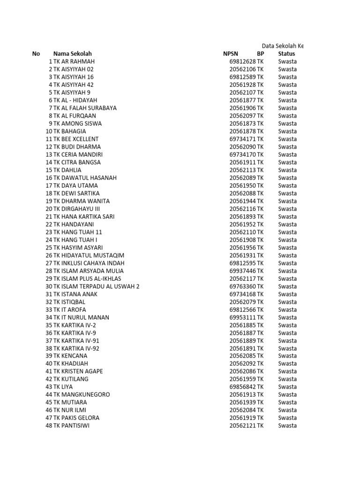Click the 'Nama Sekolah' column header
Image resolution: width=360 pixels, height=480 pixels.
pos(72,54)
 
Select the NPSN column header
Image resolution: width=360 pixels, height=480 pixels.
pos(231,54)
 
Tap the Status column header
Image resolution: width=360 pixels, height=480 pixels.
pos(286,54)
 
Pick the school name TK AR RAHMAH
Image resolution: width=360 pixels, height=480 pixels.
pos(74,61)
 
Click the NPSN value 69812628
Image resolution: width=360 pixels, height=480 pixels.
pos(242,61)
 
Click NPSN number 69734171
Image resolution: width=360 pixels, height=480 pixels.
pos(242,139)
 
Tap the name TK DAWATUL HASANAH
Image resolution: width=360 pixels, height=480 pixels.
pos(85,178)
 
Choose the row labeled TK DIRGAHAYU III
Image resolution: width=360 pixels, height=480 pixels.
pos(77,209)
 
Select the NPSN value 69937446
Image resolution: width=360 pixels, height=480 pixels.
pos(242,271)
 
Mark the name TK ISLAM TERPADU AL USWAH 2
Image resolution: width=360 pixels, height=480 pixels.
pos(96,286)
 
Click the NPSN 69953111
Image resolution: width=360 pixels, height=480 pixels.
pos(242,317)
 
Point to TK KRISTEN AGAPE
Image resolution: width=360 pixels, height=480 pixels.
pos(78,371)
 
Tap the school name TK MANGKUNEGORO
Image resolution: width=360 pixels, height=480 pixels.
pos(82,395)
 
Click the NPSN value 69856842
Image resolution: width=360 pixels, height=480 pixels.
pos(242,387)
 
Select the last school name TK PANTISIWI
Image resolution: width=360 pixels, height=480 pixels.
pos(71,426)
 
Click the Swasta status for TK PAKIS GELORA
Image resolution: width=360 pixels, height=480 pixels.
pos(287,418)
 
